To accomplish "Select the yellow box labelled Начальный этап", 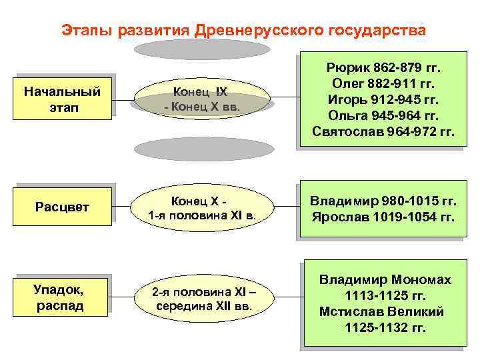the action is [62, 99].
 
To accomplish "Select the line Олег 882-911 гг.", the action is [383, 84].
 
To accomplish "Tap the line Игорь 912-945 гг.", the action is [383, 100].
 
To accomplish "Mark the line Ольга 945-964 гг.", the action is [383, 116].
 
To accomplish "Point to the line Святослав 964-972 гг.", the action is [383, 132].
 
